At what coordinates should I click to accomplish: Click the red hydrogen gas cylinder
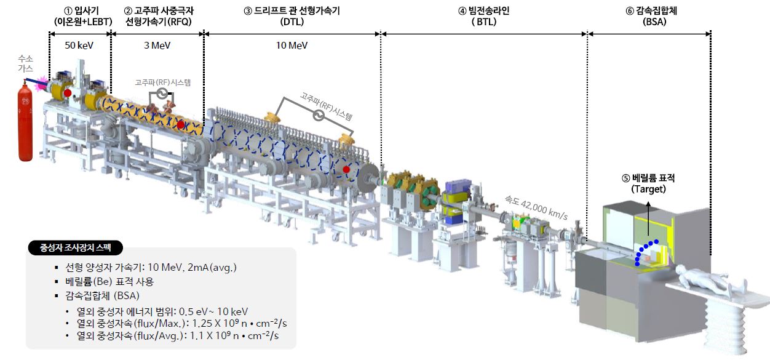click(x=25, y=122)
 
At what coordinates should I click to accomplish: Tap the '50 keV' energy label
click(x=79, y=46)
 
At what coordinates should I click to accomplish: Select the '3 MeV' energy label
click(x=157, y=46)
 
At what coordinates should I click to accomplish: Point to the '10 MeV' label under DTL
click(x=292, y=46)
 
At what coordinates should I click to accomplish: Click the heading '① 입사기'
click(x=81, y=11)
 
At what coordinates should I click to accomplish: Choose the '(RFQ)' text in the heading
click(x=180, y=22)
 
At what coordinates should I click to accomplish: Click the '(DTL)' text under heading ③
click(x=292, y=22)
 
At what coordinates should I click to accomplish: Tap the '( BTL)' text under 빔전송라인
click(x=484, y=22)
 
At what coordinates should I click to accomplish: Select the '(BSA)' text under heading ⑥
click(x=654, y=22)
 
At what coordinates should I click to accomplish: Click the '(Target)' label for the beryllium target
click(x=648, y=189)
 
